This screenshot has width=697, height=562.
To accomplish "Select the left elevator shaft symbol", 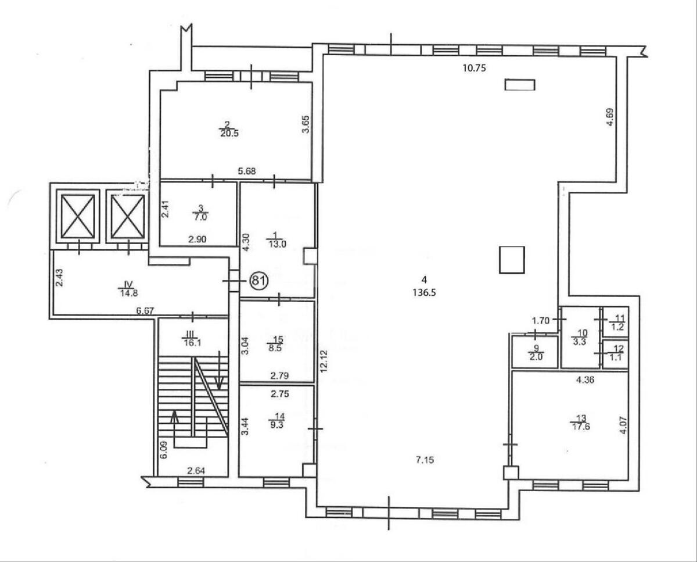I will (78, 216).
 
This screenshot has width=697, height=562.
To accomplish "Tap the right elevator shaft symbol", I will (127, 216).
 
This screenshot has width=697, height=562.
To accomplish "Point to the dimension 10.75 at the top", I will (473, 67).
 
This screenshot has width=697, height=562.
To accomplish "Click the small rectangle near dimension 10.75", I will (519, 85).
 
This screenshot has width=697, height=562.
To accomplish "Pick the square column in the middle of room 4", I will (512, 260).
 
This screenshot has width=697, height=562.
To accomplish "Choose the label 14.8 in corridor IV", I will (125, 293).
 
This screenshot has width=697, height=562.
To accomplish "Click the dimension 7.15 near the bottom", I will (424, 460).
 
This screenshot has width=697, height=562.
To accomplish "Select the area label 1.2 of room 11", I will (619, 327).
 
